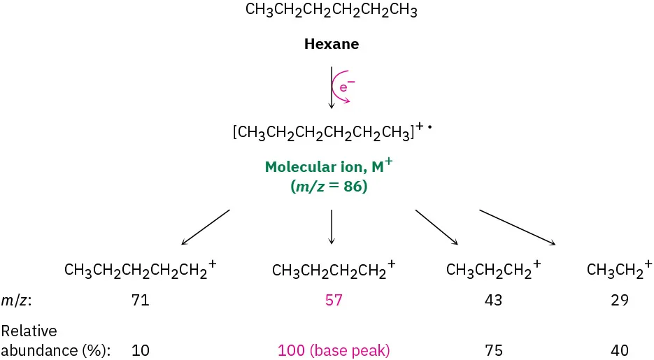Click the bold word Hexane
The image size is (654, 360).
(331, 45)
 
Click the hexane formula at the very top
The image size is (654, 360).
(331, 11)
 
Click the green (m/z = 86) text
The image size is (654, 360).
(331, 187)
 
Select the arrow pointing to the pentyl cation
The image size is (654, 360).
(205, 226)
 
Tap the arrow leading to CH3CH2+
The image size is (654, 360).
(518, 226)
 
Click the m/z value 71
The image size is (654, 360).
(141, 301)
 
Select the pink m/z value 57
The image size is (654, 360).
(334, 301)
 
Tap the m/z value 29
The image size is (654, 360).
(619, 301)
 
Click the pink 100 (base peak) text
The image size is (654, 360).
(334, 350)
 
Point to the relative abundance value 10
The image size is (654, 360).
(141, 350)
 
